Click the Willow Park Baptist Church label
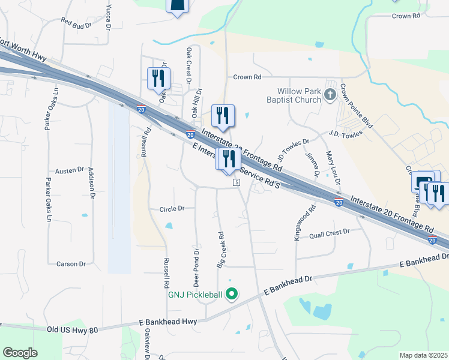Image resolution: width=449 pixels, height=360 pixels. coord(294,95)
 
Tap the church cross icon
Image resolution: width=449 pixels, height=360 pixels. coord(330,95)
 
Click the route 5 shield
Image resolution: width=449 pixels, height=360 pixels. coord(237,182)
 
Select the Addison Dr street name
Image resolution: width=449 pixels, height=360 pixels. coord(91,183)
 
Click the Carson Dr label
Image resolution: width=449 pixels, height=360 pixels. coord(71,264)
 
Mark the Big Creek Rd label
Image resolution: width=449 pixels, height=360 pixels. coord(221,251)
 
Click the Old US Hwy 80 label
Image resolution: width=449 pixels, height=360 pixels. coord(72,329)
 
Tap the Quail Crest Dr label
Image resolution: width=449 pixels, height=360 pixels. coord(329,232)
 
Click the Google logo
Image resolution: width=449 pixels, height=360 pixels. coord(20,353)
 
